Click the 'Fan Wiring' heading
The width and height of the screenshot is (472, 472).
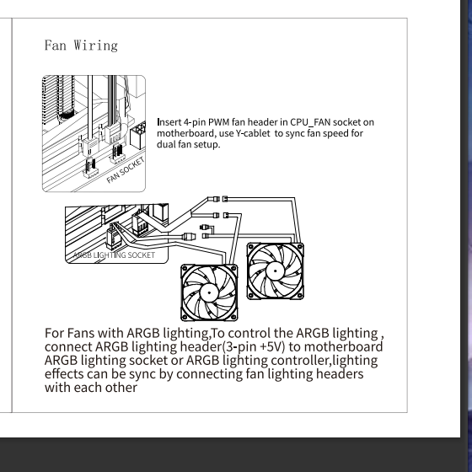coord(81,46)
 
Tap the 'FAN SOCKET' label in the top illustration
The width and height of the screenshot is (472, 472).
coord(126,170)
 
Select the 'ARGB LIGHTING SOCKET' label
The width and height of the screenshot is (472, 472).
coord(114,255)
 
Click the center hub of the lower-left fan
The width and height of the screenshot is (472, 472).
coord(209,292)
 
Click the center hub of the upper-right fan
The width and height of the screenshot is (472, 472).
coord(275,271)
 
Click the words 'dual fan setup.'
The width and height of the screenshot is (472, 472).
coord(189,144)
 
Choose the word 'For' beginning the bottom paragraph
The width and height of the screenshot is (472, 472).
coord(54,333)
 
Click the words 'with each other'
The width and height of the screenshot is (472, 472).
coord(91,387)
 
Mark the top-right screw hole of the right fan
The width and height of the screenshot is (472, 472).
coord(299,247)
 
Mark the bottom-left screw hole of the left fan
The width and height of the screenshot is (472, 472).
coord(185,317)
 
